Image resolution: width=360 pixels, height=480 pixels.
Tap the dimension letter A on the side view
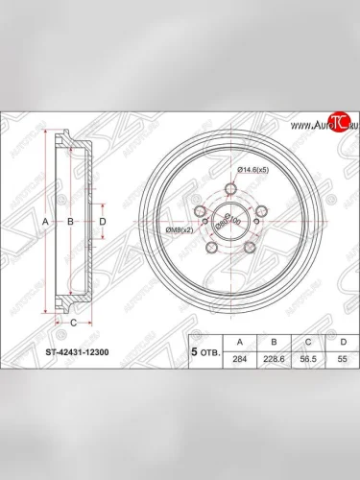tap(44, 222)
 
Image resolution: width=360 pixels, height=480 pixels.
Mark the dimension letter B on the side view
tap(69, 222)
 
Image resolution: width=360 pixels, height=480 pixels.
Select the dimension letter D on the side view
tap(103, 222)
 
